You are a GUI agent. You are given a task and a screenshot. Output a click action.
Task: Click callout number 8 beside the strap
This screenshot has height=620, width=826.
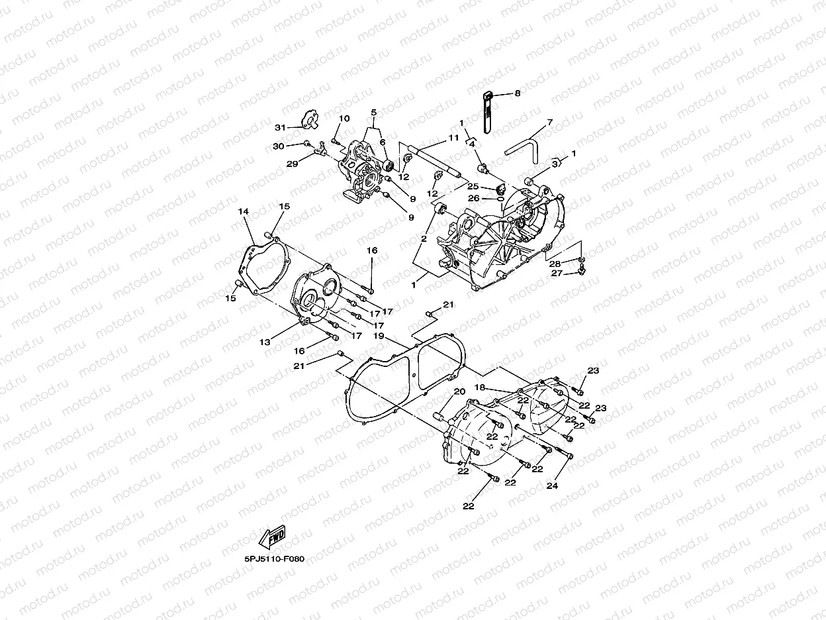tap(518, 95)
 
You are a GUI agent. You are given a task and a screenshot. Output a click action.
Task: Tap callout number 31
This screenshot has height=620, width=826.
tap(279, 128)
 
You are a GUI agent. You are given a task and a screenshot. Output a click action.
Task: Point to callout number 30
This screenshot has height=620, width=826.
tap(279, 146)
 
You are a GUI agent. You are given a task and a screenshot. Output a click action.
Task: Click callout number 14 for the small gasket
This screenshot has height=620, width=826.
tap(243, 211)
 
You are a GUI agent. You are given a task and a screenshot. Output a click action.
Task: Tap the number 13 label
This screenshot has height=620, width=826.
tap(265, 342)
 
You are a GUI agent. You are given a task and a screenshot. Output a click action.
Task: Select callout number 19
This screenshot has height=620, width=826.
tap(379, 336)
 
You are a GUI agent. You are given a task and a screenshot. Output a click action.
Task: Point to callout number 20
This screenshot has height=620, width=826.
tap(459, 391)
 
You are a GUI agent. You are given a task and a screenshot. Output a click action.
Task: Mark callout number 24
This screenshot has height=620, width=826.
tap(552, 486)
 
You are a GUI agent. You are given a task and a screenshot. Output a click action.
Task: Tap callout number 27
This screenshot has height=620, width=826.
tap(558, 273)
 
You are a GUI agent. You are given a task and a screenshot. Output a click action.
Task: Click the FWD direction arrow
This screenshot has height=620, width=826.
tap(274, 537)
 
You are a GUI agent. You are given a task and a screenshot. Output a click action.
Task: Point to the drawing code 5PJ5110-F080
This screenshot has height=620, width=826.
tap(273, 559)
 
